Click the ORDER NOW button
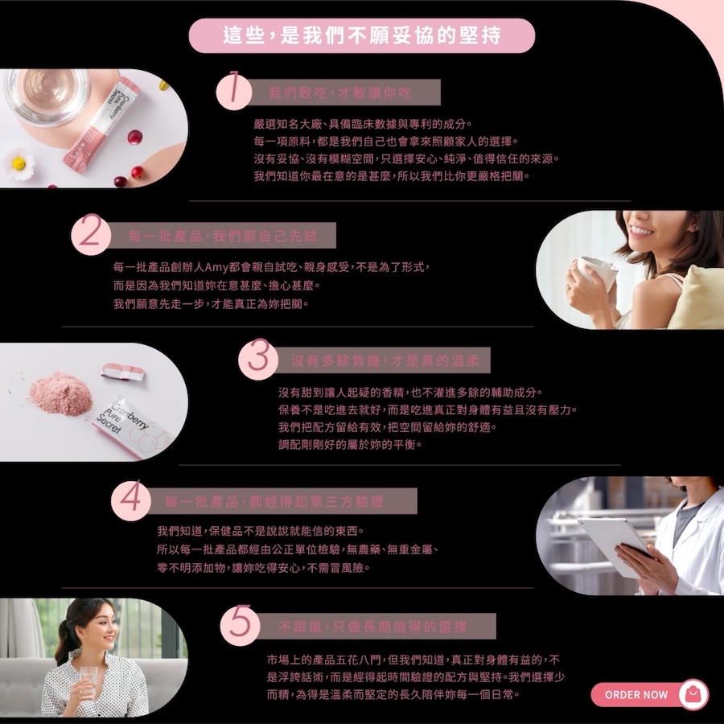(649, 694)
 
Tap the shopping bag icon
(693, 694)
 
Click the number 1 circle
(234, 91)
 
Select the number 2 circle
(90, 235)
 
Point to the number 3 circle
(258, 360)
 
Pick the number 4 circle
(131, 500)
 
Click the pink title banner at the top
(362, 35)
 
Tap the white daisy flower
(19, 163)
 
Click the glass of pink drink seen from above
(46, 96)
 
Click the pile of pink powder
(60, 394)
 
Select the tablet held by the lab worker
(615, 546)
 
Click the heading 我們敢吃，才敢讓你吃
(339, 93)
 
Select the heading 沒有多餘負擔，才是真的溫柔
(385, 360)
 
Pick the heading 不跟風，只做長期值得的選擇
(373, 627)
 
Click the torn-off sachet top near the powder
(123, 371)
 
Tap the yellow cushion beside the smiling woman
(698, 298)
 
